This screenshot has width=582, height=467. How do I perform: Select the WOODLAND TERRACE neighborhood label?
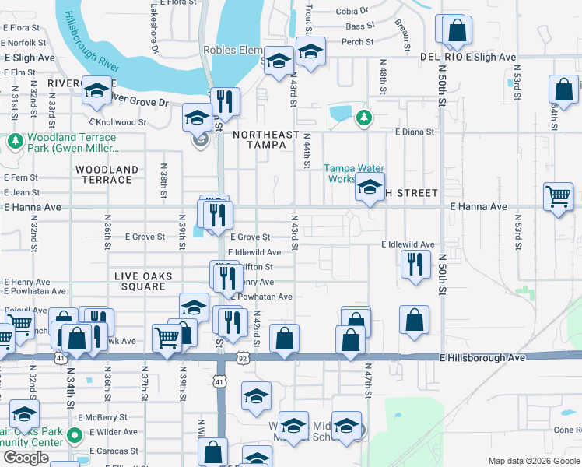point(107,174)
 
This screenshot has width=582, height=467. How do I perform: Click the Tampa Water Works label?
point(354,173)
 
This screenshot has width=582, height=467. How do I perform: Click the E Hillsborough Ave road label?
point(482,357)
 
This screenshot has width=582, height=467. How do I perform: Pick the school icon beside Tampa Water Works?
point(370,188)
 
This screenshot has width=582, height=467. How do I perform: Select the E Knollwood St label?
point(117,122)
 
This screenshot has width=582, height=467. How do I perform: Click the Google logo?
point(26,458)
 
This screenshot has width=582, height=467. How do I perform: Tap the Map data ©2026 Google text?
point(534,462)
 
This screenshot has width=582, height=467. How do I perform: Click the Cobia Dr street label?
point(352,11)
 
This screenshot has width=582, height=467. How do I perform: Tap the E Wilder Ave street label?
point(114,432)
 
